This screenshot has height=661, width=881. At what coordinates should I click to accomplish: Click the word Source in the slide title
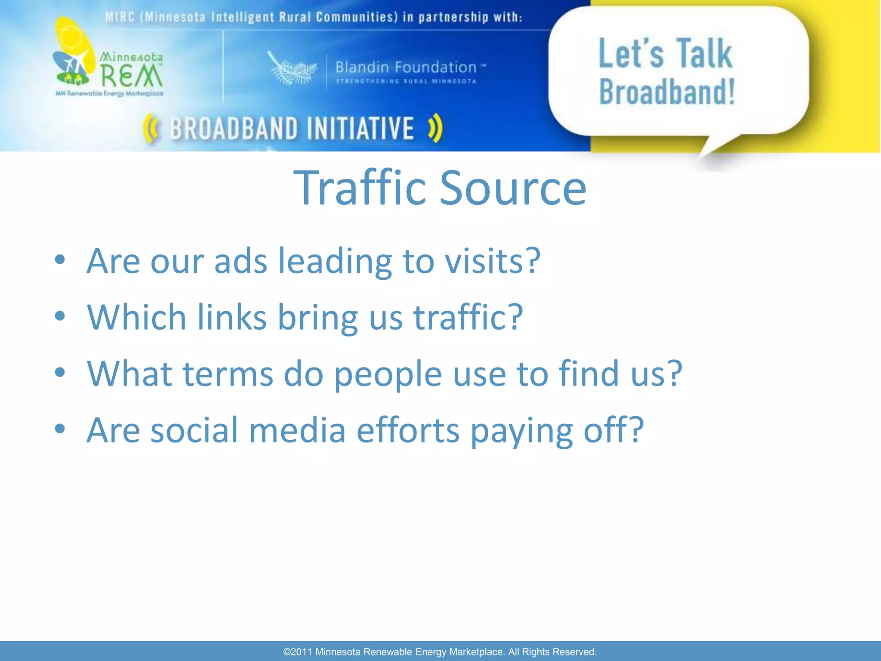tap(513, 188)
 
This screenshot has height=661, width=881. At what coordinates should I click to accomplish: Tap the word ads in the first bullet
tap(240, 261)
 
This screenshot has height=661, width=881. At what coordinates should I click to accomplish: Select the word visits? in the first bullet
tap(492, 261)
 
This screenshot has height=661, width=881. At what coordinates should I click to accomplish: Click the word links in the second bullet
tap(232, 318)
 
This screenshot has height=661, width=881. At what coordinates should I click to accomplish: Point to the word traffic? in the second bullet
tap(468, 318)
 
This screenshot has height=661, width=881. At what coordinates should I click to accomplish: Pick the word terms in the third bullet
tap(228, 374)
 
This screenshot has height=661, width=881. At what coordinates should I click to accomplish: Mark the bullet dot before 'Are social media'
tap(60, 429)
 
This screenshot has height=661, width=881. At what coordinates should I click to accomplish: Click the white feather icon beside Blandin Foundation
tap(292, 69)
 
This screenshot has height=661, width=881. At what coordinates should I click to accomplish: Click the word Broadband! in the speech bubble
tap(667, 92)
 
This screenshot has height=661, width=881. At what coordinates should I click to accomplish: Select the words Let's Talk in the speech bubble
tap(665, 54)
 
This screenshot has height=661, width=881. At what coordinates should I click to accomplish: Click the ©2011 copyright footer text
tap(440, 652)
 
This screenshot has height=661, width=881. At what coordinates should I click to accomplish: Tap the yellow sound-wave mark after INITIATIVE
tap(435, 128)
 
